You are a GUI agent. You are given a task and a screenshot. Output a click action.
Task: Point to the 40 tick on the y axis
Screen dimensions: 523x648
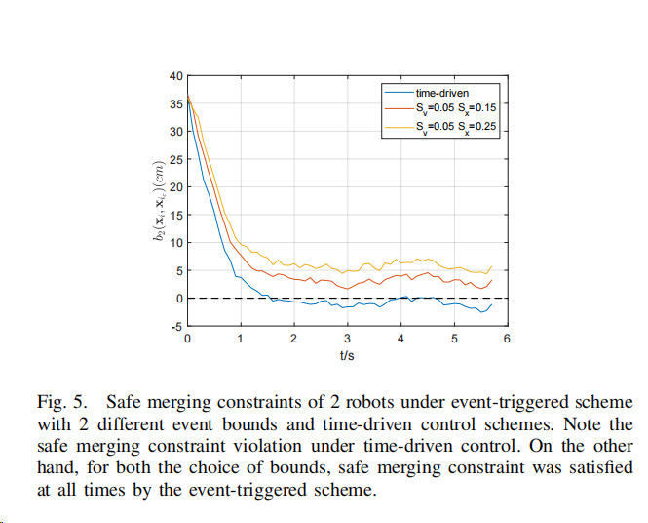pos(175,76)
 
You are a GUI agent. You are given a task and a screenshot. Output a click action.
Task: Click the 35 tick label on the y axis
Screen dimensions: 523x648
pos(175,103)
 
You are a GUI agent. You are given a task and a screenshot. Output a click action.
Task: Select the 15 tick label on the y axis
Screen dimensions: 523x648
pos(175,215)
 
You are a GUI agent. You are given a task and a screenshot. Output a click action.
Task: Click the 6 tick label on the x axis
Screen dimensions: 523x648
pos(507,339)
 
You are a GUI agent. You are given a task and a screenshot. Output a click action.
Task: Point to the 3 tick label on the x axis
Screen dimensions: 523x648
pos(347,339)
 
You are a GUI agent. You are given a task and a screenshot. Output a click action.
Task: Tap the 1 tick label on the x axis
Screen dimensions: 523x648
pos(241,339)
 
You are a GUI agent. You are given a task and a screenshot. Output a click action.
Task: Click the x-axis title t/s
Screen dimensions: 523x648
pos(347,356)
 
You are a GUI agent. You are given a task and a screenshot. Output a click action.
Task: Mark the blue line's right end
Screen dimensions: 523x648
pos(492,303)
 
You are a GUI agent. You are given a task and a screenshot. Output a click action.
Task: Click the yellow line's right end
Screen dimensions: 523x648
pos(492,265)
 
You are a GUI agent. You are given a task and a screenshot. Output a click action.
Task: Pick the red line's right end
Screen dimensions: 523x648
pos(492,280)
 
